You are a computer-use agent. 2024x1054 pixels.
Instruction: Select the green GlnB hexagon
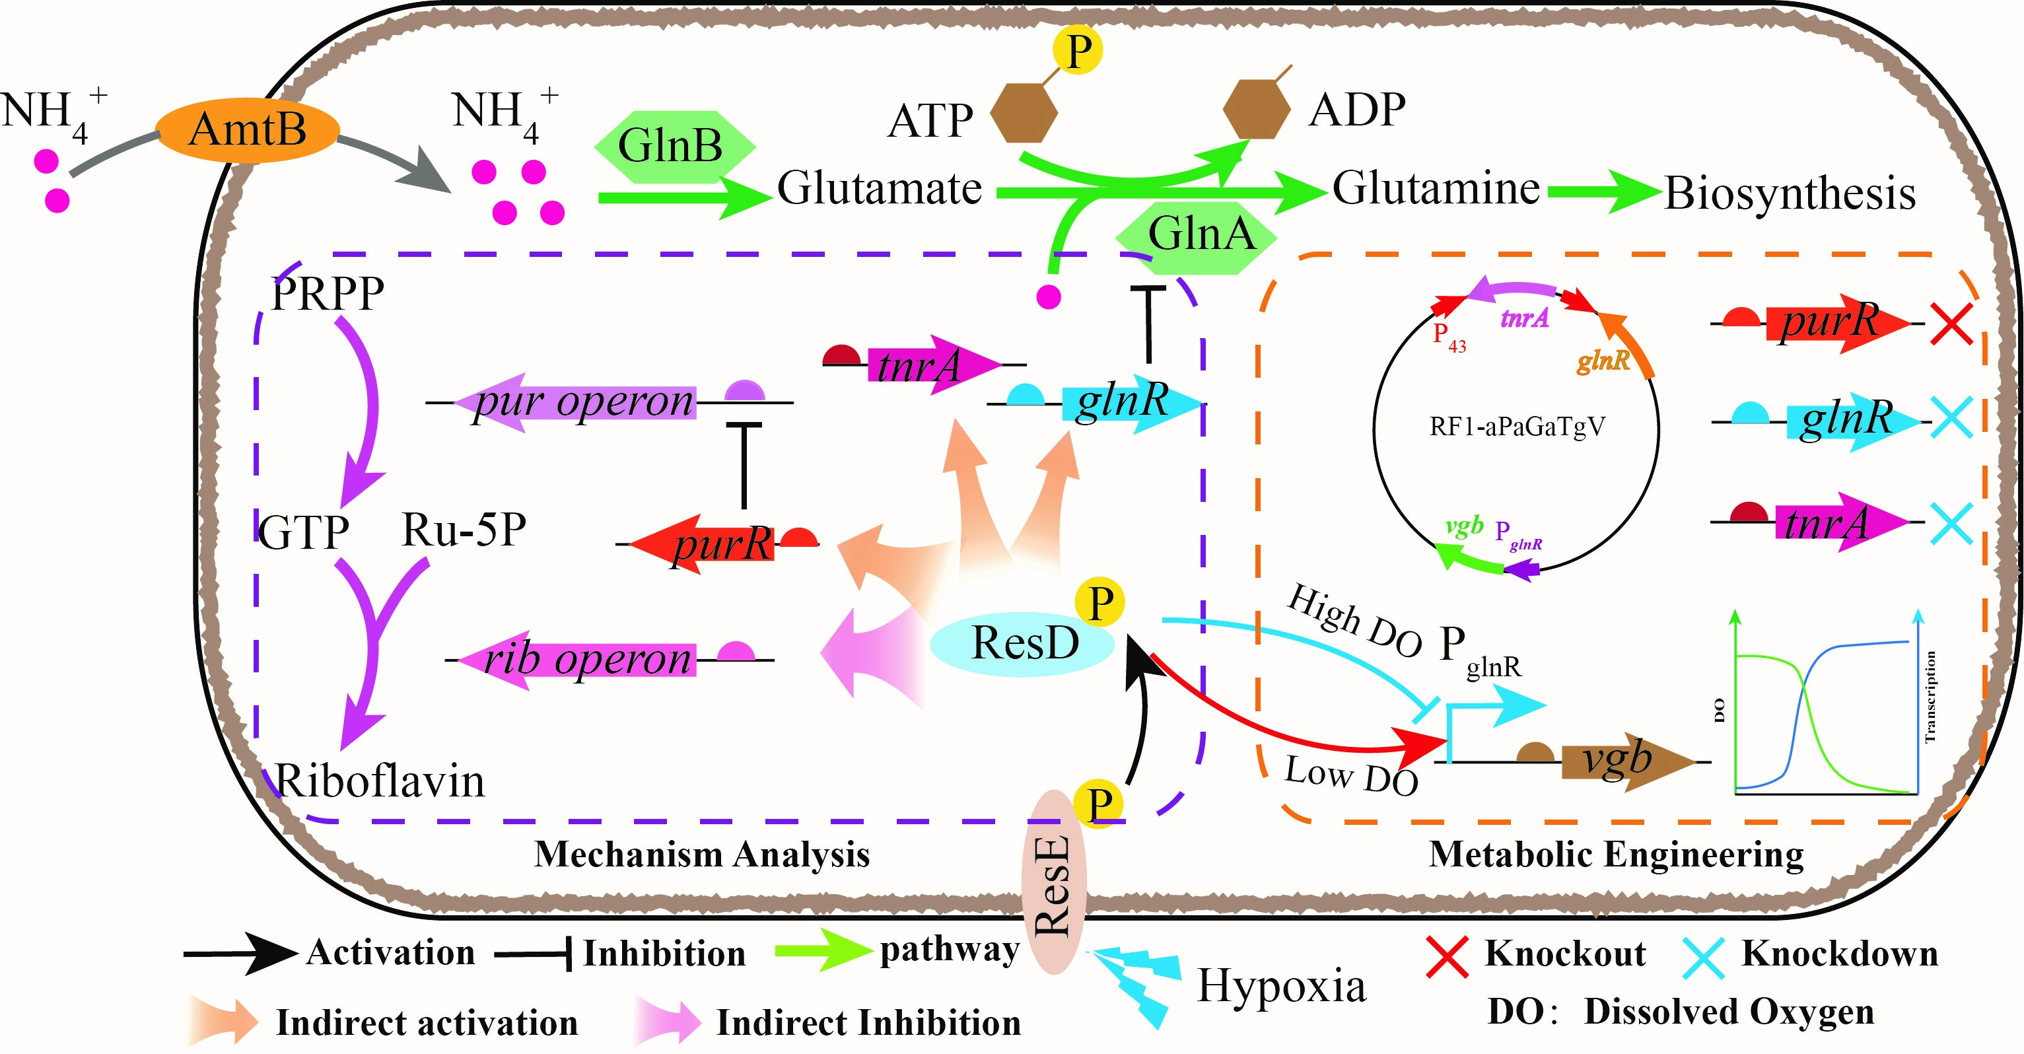point(672,146)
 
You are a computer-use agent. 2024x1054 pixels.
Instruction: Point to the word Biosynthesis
point(1790,193)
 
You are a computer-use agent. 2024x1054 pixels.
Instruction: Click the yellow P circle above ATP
point(1077,50)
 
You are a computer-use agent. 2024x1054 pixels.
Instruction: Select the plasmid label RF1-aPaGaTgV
point(1516,427)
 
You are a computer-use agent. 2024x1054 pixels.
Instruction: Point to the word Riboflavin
point(380,781)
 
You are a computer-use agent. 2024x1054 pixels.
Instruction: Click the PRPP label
point(327,294)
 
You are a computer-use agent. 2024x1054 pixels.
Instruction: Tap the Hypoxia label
point(1280,985)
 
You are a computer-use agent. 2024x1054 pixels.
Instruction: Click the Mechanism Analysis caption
point(702,855)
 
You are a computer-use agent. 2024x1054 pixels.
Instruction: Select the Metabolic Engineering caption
point(1615,855)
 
